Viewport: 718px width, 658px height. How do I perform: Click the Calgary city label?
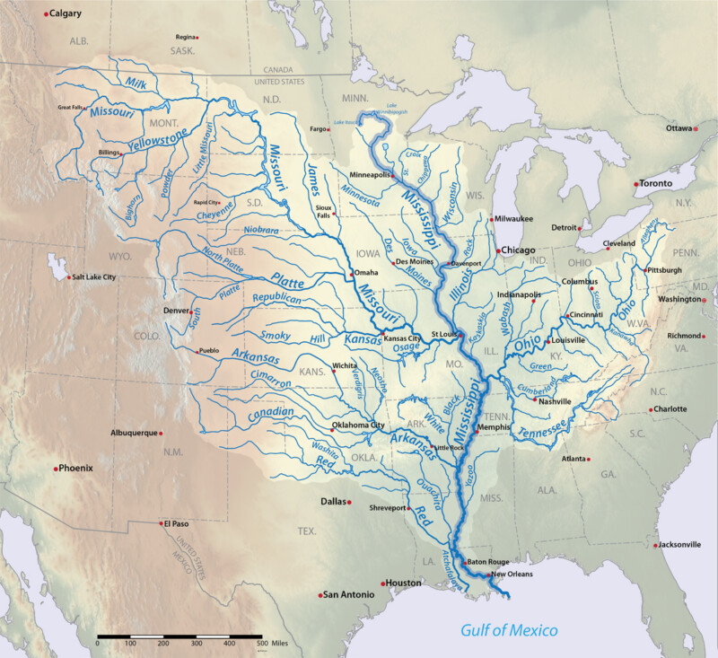coord(66,13)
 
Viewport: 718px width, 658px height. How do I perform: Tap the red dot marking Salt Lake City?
coord(68,276)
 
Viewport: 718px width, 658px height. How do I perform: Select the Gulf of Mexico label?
coord(509,630)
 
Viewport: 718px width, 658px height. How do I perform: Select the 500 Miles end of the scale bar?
coord(261,637)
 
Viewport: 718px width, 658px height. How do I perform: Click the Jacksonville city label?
coord(679,544)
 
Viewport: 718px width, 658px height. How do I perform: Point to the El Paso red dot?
coord(162,523)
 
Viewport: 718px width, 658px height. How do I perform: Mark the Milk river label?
coord(136,83)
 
